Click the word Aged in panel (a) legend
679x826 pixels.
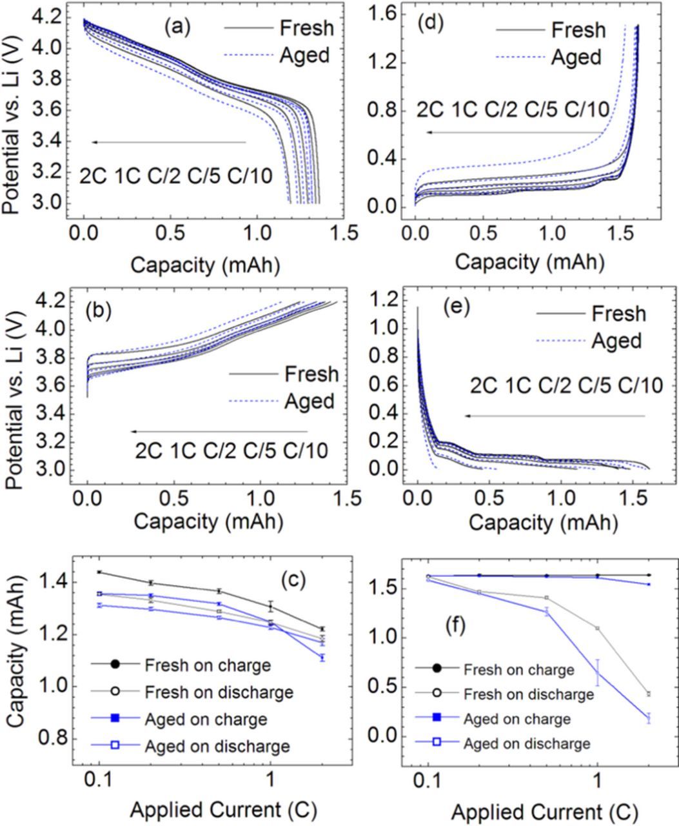[304, 55]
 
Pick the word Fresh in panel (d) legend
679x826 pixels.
[578, 30]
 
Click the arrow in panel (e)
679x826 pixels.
[555, 416]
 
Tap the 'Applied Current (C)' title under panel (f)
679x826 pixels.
[545, 810]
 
